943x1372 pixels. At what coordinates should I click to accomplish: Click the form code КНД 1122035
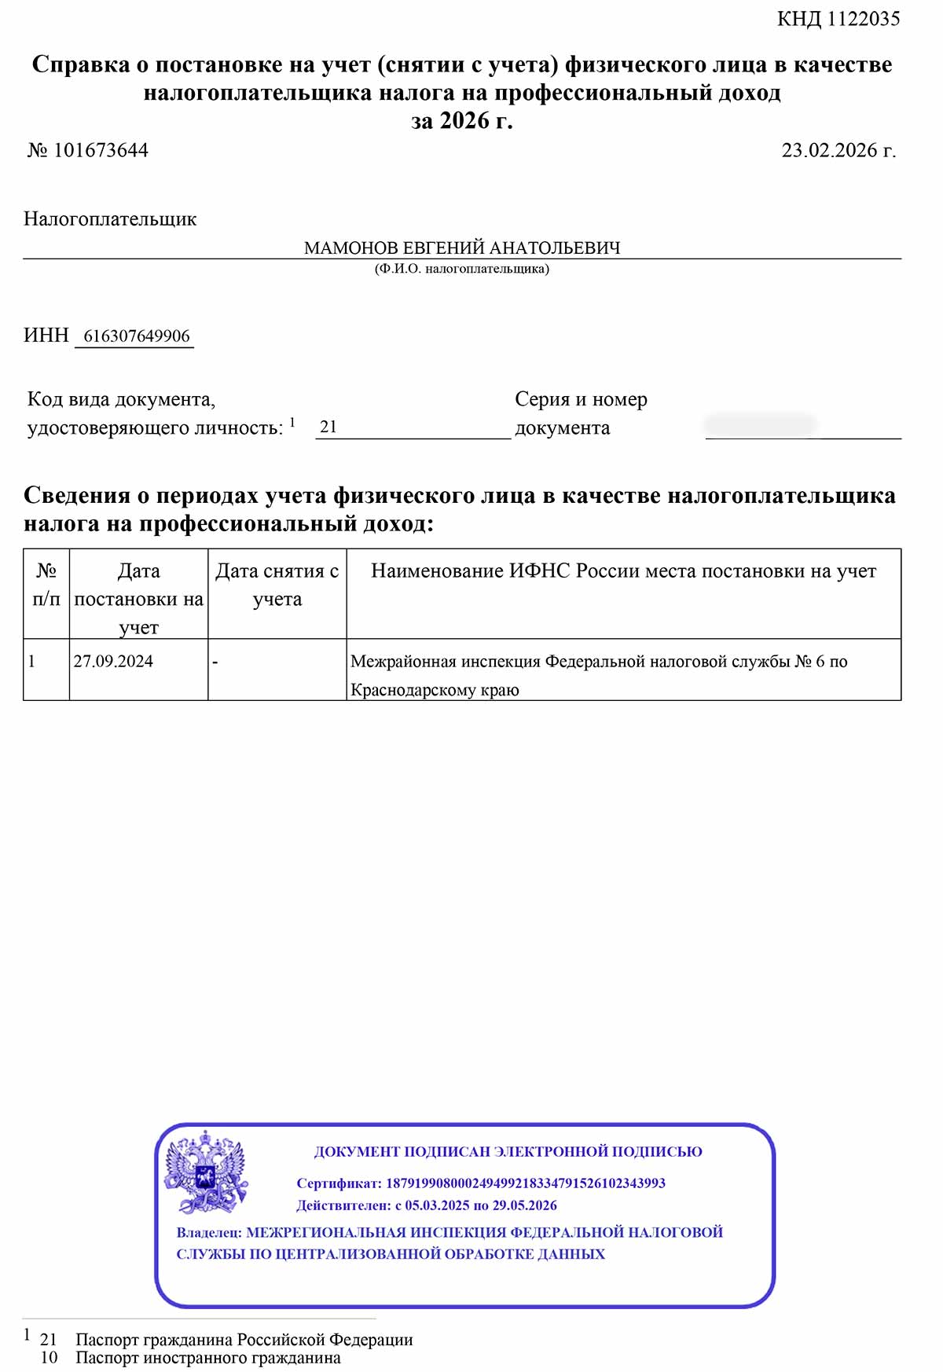tap(838, 19)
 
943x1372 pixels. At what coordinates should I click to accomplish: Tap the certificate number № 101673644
tap(88, 150)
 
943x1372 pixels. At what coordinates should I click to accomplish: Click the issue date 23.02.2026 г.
tap(838, 150)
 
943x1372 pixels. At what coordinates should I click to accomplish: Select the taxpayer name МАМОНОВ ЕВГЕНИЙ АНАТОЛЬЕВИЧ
tap(462, 248)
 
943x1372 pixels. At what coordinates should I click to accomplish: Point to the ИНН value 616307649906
tap(137, 336)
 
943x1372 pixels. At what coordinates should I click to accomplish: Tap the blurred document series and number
tap(760, 426)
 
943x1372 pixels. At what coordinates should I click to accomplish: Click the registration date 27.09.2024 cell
tap(113, 662)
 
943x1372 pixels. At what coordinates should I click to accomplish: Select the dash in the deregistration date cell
tap(215, 662)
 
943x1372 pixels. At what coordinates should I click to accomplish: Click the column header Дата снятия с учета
tap(277, 585)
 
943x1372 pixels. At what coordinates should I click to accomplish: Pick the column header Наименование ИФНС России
tap(623, 571)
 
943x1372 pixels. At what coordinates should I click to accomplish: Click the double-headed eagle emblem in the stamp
tap(206, 1172)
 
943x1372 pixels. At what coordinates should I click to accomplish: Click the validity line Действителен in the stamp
tap(427, 1205)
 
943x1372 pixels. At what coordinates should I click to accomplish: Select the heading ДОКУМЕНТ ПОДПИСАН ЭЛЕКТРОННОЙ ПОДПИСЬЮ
tap(508, 1152)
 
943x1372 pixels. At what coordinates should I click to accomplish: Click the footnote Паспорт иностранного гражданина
tap(208, 1358)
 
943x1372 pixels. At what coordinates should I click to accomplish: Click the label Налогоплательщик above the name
tap(110, 219)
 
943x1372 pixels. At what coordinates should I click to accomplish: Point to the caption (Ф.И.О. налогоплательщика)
tap(462, 269)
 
